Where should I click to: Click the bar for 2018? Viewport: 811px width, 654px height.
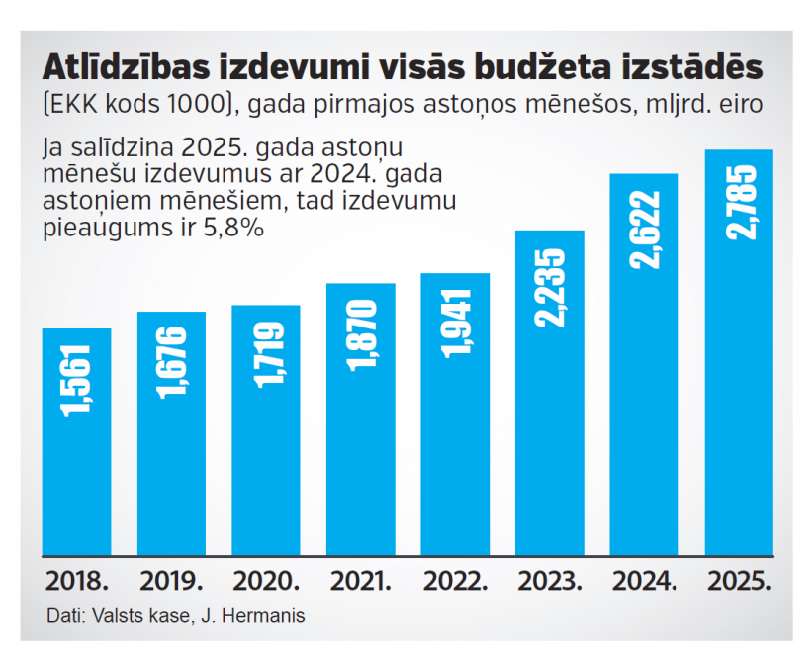[76, 441]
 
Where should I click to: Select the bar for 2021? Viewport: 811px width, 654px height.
[361, 420]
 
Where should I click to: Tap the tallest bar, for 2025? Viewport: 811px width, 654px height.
[739, 352]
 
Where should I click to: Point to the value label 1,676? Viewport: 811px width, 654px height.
[171, 367]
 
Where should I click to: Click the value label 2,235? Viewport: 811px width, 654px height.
[551, 282]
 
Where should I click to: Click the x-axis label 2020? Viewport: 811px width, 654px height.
[265, 582]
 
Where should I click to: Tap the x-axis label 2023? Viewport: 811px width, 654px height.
[550, 582]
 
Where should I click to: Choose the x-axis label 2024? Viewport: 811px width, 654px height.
[644, 582]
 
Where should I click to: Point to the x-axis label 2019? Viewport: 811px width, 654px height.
[171, 582]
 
